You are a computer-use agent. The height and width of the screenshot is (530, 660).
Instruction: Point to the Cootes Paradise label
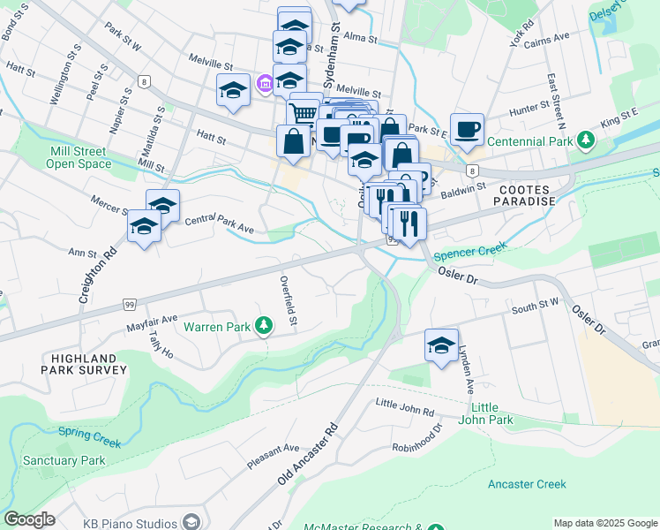[x=527, y=195]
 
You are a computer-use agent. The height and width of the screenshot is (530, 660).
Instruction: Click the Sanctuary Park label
[x=64, y=460]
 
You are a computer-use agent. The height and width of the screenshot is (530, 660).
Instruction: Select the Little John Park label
[x=491, y=413]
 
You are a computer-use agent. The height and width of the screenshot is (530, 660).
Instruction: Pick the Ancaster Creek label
[x=527, y=484]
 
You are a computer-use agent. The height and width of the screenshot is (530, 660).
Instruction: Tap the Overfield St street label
[x=287, y=303]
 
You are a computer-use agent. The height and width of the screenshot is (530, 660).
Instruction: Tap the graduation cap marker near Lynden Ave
[x=442, y=344]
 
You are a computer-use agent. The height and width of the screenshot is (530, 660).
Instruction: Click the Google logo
[x=28, y=519]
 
